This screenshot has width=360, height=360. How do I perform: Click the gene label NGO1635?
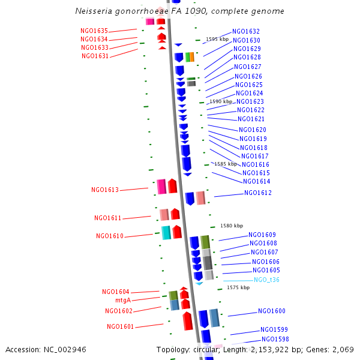(x=94, y=31)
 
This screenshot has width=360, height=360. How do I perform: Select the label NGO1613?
(x=105, y=190)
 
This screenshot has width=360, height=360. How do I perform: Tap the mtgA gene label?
(x=123, y=300)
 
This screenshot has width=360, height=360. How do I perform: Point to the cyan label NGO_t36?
(x=266, y=280)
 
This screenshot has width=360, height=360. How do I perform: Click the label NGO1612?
(x=257, y=193)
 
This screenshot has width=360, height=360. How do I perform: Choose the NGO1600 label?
(x=272, y=311)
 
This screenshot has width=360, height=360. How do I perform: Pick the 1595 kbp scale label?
(x=217, y=39)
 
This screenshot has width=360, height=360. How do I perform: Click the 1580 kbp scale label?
(x=232, y=226)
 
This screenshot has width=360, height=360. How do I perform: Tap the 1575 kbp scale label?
(x=238, y=288)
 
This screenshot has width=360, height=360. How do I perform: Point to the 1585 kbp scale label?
(x=226, y=164)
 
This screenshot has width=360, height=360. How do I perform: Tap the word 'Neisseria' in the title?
(x=94, y=11)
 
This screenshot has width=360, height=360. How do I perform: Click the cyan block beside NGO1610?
(x=166, y=233)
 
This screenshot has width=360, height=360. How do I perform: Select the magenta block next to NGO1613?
(x=161, y=187)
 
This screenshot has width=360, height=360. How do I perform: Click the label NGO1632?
(x=246, y=31)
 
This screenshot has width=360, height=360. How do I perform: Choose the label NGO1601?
(x=121, y=327)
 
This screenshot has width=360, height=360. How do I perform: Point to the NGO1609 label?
(x=262, y=235)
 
